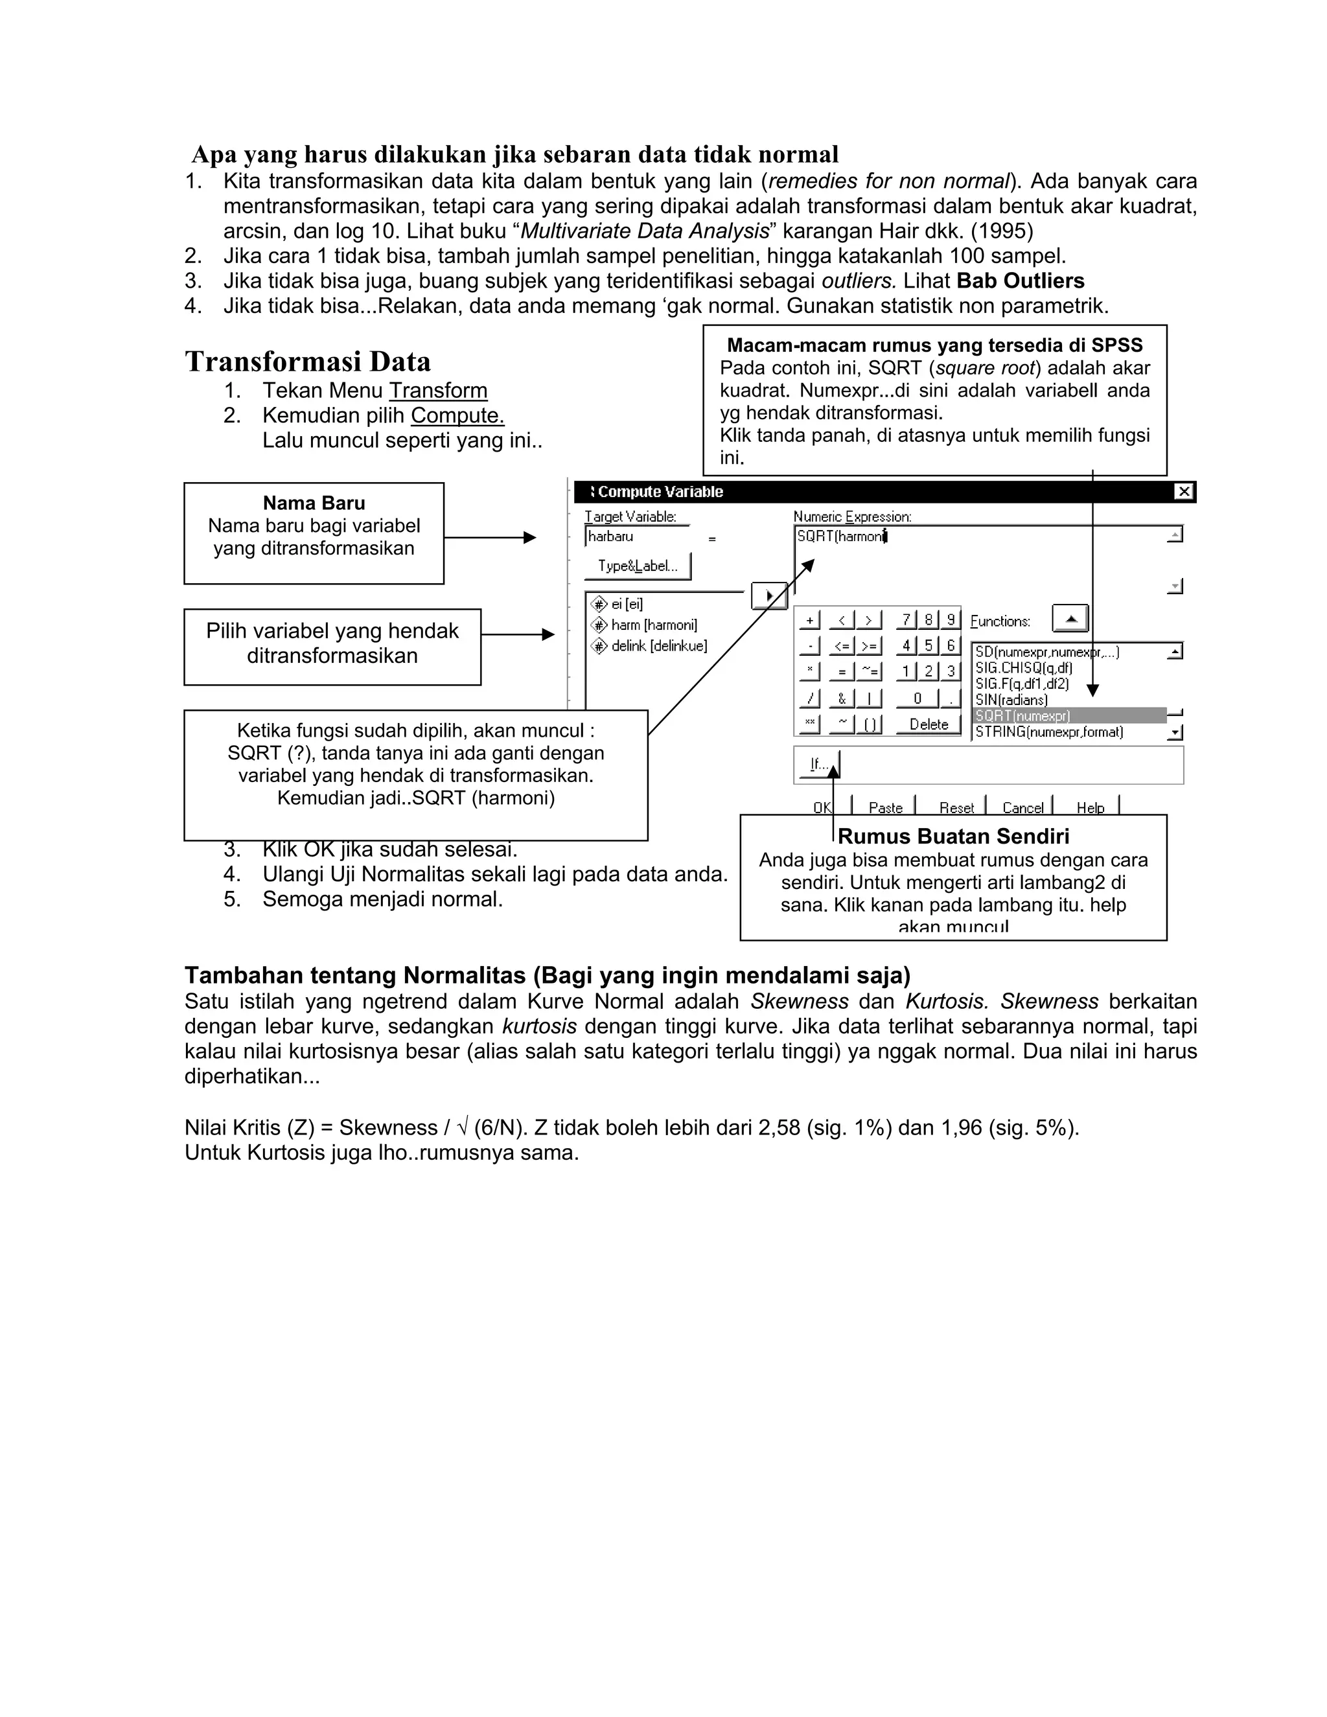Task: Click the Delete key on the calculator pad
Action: [x=929, y=724]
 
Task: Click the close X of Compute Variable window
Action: [x=1183, y=492]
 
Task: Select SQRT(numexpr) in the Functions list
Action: [x=1068, y=715]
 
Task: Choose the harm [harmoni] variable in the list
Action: [x=653, y=625]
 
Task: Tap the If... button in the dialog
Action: [x=818, y=763]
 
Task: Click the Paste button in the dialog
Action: [x=885, y=807]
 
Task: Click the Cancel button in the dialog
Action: [x=1022, y=807]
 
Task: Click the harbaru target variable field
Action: [x=637, y=537]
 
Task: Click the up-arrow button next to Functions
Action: [x=1070, y=619]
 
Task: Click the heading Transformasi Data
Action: [x=307, y=362]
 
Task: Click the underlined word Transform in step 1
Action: [x=438, y=391]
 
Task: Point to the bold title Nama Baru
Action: [x=314, y=503]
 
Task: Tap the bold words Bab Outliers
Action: [x=1020, y=281]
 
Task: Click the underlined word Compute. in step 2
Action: [x=457, y=416]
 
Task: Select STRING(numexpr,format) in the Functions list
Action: [x=1049, y=732]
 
